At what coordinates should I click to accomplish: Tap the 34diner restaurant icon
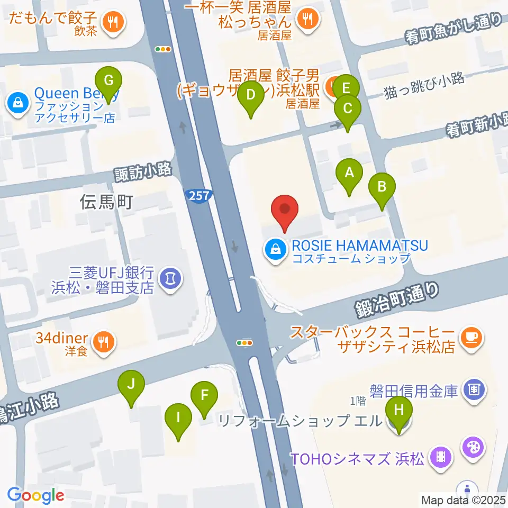coord(103,343)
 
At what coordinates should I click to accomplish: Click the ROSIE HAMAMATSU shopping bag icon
coord(275,247)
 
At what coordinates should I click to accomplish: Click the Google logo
coord(35,496)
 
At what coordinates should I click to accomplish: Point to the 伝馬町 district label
coord(106,202)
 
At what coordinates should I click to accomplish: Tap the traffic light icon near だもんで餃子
coord(163,49)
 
